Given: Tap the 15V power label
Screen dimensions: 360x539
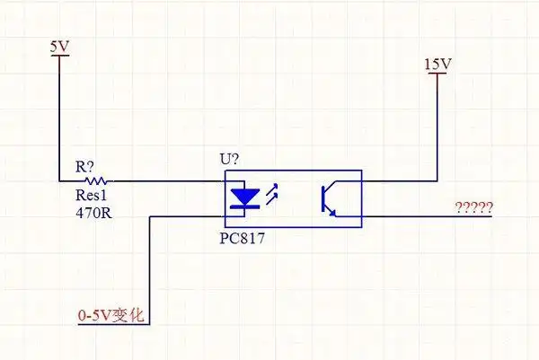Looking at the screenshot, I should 437,64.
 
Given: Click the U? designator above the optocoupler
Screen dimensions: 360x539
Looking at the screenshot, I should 230,159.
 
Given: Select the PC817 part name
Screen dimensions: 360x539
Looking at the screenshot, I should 243,240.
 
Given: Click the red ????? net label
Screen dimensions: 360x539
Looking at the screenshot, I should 473,208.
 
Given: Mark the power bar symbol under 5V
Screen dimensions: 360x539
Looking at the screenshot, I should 59,56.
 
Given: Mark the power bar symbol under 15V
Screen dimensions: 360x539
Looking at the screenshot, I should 437,75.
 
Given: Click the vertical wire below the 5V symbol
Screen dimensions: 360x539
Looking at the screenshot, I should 59,117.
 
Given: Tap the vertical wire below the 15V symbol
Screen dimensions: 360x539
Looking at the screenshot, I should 437,126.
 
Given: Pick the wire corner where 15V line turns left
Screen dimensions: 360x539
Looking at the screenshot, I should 437,180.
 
